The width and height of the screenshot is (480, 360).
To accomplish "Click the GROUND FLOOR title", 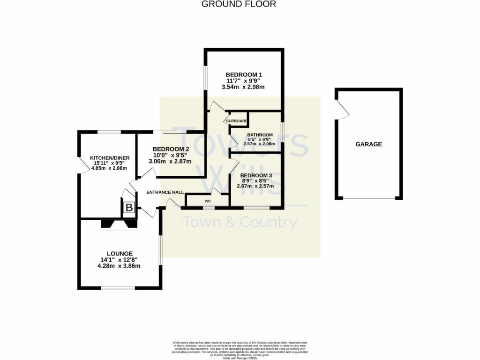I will pos(239,4).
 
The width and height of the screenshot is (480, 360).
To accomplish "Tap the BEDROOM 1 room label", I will pos(244,75).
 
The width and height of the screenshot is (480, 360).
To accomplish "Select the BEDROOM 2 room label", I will pos(170,149).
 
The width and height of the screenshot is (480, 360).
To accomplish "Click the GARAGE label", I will pos(368,144).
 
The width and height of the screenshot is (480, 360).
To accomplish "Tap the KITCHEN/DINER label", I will pos(110,158).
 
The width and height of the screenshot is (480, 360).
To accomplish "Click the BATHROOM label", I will pos(260,135).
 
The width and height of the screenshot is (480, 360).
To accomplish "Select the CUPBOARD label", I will pos(237,121).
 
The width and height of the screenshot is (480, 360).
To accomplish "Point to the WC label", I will pos(208,201).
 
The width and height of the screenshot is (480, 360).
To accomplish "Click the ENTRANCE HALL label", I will pos(165,192).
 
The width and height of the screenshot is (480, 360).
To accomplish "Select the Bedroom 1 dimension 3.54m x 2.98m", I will pos(244,87).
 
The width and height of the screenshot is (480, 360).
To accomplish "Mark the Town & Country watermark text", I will pos(240,222).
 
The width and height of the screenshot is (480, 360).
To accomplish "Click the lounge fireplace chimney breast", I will pos(119,225).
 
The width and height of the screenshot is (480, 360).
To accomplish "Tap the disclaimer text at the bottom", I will pos(240,349).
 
